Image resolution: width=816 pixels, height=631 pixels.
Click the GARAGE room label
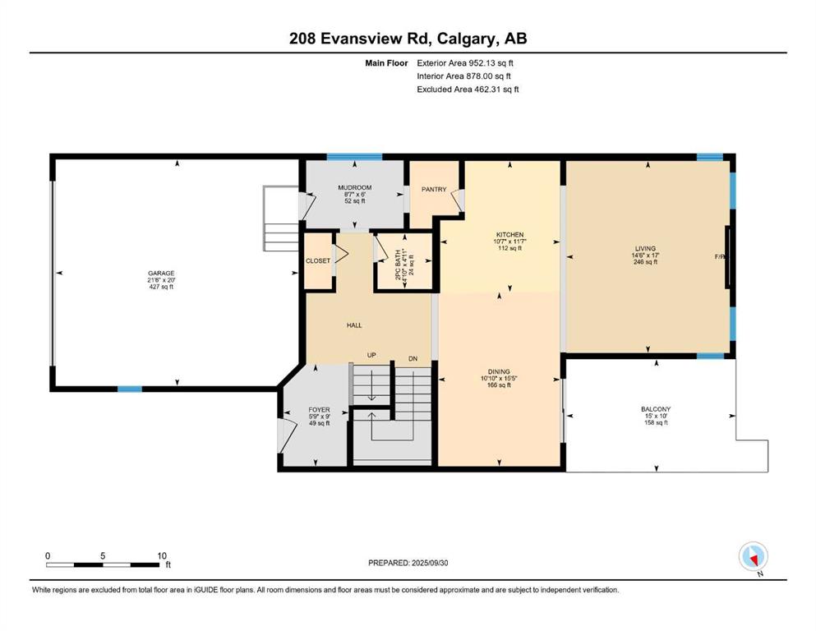click(161, 273)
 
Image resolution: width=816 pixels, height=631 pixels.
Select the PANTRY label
click(434, 189)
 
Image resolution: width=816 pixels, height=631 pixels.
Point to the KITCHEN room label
click(510, 235)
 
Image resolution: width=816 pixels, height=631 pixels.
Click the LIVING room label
click(645, 249)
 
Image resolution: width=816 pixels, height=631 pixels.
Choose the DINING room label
click(499, 372)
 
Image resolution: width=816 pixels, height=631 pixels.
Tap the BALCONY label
click(656, 409)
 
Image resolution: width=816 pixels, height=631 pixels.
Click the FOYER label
click(319, 410)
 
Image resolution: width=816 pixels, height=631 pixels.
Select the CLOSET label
click(318, 260)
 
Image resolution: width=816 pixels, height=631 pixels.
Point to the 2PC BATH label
click(399, 265)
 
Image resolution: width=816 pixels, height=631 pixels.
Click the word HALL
click(354, 325)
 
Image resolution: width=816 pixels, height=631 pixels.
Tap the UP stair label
click(371, 355)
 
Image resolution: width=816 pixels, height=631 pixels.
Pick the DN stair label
click(413, 358)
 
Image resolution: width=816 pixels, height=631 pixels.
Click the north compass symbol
click(754, 556)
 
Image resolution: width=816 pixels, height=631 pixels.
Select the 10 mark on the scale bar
click(162, 555)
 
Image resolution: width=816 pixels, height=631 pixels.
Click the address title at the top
click(408, 39)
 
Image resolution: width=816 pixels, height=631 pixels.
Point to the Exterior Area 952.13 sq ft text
click(465, 63)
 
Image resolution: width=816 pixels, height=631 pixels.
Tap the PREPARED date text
click(408, 563)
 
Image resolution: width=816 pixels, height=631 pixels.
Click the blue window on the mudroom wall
click(354, 157)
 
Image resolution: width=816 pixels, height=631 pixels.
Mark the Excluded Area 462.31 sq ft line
click(468, 89)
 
